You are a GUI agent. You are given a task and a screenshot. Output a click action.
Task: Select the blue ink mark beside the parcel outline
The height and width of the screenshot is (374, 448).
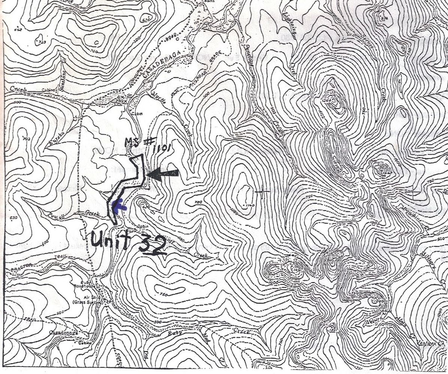[121, 206]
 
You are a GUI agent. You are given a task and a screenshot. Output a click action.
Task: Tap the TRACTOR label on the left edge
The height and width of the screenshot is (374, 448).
[17, 269]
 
